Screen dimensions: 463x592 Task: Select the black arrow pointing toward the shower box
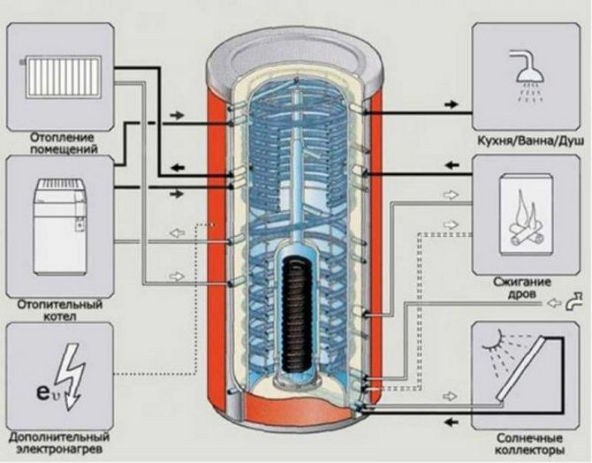pyautogui.click(x=451, y=104)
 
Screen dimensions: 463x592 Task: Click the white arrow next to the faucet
pyautogui.click(x=553, y=305)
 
